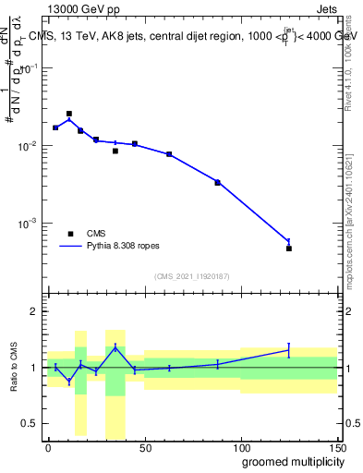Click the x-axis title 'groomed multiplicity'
point(288,461)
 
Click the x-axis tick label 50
point(145,447)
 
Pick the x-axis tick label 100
point(241,447)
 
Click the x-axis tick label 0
point(48,447)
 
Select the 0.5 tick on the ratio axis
point(29,423)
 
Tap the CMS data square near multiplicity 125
point(289,249)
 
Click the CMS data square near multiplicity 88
point(218,183)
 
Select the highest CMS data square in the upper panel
point(69,114)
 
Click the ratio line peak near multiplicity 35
point(115,346)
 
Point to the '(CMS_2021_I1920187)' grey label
point(192,275)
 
